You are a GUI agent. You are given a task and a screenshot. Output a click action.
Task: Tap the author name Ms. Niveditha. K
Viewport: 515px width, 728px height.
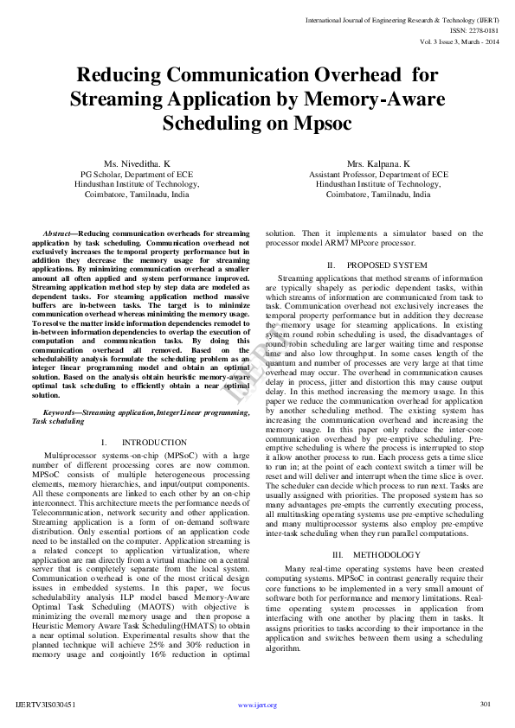137,163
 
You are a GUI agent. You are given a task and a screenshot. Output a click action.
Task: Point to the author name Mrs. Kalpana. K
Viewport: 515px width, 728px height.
378,163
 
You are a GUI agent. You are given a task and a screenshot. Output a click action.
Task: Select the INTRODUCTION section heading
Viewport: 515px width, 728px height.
148,442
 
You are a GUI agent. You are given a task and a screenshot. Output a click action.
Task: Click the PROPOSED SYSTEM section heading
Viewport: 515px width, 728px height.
387,264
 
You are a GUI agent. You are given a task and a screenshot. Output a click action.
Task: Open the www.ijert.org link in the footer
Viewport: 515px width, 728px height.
257,706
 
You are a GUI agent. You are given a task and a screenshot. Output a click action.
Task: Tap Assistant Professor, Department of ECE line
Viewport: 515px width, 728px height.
378,174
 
